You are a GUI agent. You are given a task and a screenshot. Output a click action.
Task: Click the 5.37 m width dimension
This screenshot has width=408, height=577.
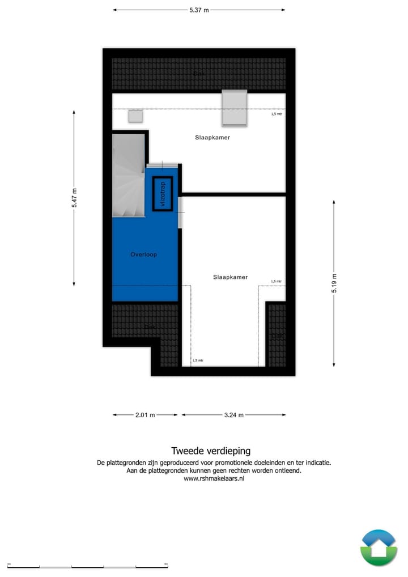pyautogui.click(x=198, y=10)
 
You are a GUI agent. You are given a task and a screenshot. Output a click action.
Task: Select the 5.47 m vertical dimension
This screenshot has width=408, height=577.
pyautogui.click(x=74, y=198)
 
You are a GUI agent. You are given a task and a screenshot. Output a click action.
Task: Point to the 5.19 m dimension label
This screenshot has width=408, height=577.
pyautogui.click(x=334, y=282)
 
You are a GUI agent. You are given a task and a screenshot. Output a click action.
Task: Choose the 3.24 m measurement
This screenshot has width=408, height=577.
pyautogui.click(x=233, y=415)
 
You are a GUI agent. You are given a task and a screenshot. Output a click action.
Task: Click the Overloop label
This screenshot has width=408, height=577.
pyautogui.click(x=143, y=254)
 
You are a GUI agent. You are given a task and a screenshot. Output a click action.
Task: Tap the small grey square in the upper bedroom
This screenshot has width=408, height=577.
pyautogui.click(x=135, y=116)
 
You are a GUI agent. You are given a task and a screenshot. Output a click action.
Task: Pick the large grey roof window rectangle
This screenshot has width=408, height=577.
pyautogui.click(x=234, y=108)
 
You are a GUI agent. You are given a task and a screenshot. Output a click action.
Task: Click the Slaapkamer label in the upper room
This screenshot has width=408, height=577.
pyautogui.click(x=212, y=137)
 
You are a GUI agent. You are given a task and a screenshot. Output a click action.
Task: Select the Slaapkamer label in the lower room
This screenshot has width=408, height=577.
pyautogui.click(x=231, y=277)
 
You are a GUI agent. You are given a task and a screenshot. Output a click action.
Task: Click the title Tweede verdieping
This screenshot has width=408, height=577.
pyautogui.click(x=210, y=451)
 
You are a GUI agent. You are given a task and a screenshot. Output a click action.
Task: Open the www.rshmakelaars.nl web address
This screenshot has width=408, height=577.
pyautogui.click(x=214, y=478)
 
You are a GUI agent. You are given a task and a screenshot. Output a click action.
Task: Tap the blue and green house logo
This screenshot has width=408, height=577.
pyautogui.click(x=379, y=548)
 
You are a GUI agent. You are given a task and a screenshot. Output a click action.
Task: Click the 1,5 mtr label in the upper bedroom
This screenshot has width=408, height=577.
pyautogui.click(x=276, y=113)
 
